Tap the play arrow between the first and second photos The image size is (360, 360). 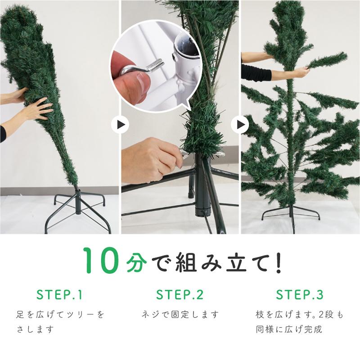[x=120, y=124]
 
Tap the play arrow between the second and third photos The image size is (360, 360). [x=240, y=124]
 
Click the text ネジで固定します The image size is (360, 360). [x=180, y=314]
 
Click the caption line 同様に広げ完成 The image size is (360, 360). [x=288, y=329]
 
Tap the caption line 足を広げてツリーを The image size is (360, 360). [x=60, y=314]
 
